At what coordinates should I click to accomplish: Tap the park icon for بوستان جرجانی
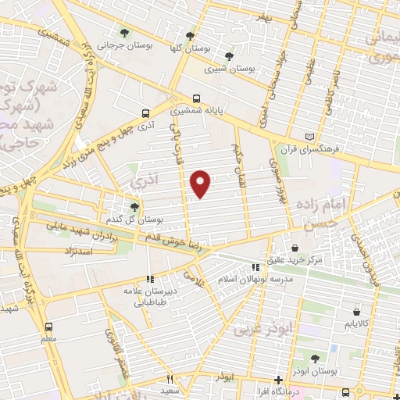pyautogui.click(x=124, y=33)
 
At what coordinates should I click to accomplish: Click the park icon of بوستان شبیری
pyautogui.click(x=228, y=55)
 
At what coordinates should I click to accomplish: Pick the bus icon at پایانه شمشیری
pyautogui.click(x=196, y=99)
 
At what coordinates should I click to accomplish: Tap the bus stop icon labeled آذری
pyautogui.click(x=146, y=112)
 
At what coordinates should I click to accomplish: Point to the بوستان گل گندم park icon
pyautogui.click(x=136, y=206)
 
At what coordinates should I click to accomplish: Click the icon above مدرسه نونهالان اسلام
pyautogui.click(x=255, y=267)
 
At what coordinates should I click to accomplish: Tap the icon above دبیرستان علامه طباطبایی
pyautogui.click(x=150, y=279)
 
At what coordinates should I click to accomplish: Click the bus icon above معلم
pyautogui.click(x=49, y=327)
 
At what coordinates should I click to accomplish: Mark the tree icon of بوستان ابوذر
pyautogui.click(x=314, y=359)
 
